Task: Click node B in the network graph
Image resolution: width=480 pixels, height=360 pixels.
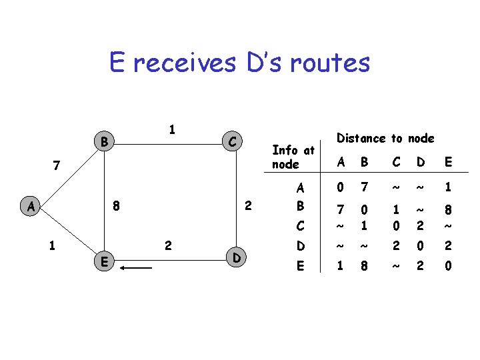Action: [103, 142]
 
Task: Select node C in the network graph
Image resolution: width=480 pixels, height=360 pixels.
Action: [231, 142]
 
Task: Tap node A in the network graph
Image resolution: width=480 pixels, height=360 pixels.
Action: [31, 207]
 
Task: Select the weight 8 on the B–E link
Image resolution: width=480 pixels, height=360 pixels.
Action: [116, 207]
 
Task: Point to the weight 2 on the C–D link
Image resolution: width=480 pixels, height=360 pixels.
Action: [247, 207]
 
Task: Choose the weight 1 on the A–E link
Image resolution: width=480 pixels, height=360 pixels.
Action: [52, 245]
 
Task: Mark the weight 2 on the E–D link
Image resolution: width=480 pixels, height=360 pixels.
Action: [168, 246]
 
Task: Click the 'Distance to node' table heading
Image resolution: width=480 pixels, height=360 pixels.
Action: [385, 138]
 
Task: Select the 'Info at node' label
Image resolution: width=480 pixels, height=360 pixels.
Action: [293, 157]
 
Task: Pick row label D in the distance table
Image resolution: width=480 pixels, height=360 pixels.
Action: [301, 247]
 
